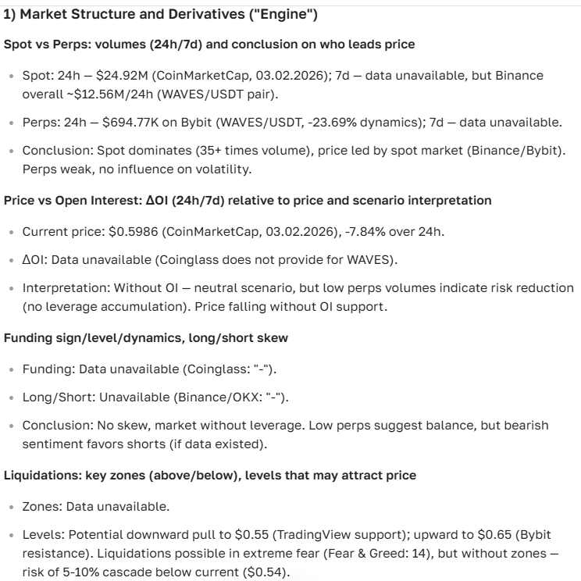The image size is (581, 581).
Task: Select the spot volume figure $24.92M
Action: pyautogui.click(x=119, y=76)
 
